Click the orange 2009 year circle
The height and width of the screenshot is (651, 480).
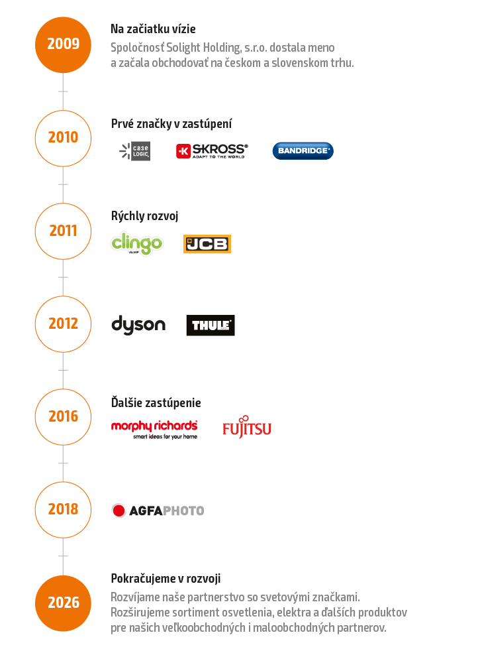(x=63, y=44)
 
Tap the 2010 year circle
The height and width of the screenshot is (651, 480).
(x=63, y=137)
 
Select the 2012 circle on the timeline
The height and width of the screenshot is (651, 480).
(x=63, y=324)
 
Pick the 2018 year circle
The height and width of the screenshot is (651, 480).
(x=63, y=509)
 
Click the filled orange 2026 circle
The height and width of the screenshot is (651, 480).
(x=63, y=603)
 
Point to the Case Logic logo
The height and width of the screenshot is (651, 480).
(x=135, y=151)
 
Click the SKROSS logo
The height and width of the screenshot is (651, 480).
(x=212, y=151)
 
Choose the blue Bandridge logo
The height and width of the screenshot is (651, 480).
(x=303, y=151)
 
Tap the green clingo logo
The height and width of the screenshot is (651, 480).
(x=136, y=243)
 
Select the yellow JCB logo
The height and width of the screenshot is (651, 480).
(x=207, y=244)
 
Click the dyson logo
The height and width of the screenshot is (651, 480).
(x=138, y=325)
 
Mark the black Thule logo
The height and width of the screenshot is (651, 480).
(x=211, y=325)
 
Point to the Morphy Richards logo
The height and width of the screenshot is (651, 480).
(x=154, y=428)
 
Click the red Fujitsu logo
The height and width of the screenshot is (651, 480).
(x=247, y=428)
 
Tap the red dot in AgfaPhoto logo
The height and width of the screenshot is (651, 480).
(x=119, y=510)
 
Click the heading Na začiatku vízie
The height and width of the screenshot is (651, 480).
(x=153, y=29)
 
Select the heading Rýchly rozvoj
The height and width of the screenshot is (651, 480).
(x=145, y=216)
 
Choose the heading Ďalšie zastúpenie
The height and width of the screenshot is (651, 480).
(x=156, y=402)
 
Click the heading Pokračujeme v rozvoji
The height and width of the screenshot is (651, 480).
(x=166, y=578)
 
